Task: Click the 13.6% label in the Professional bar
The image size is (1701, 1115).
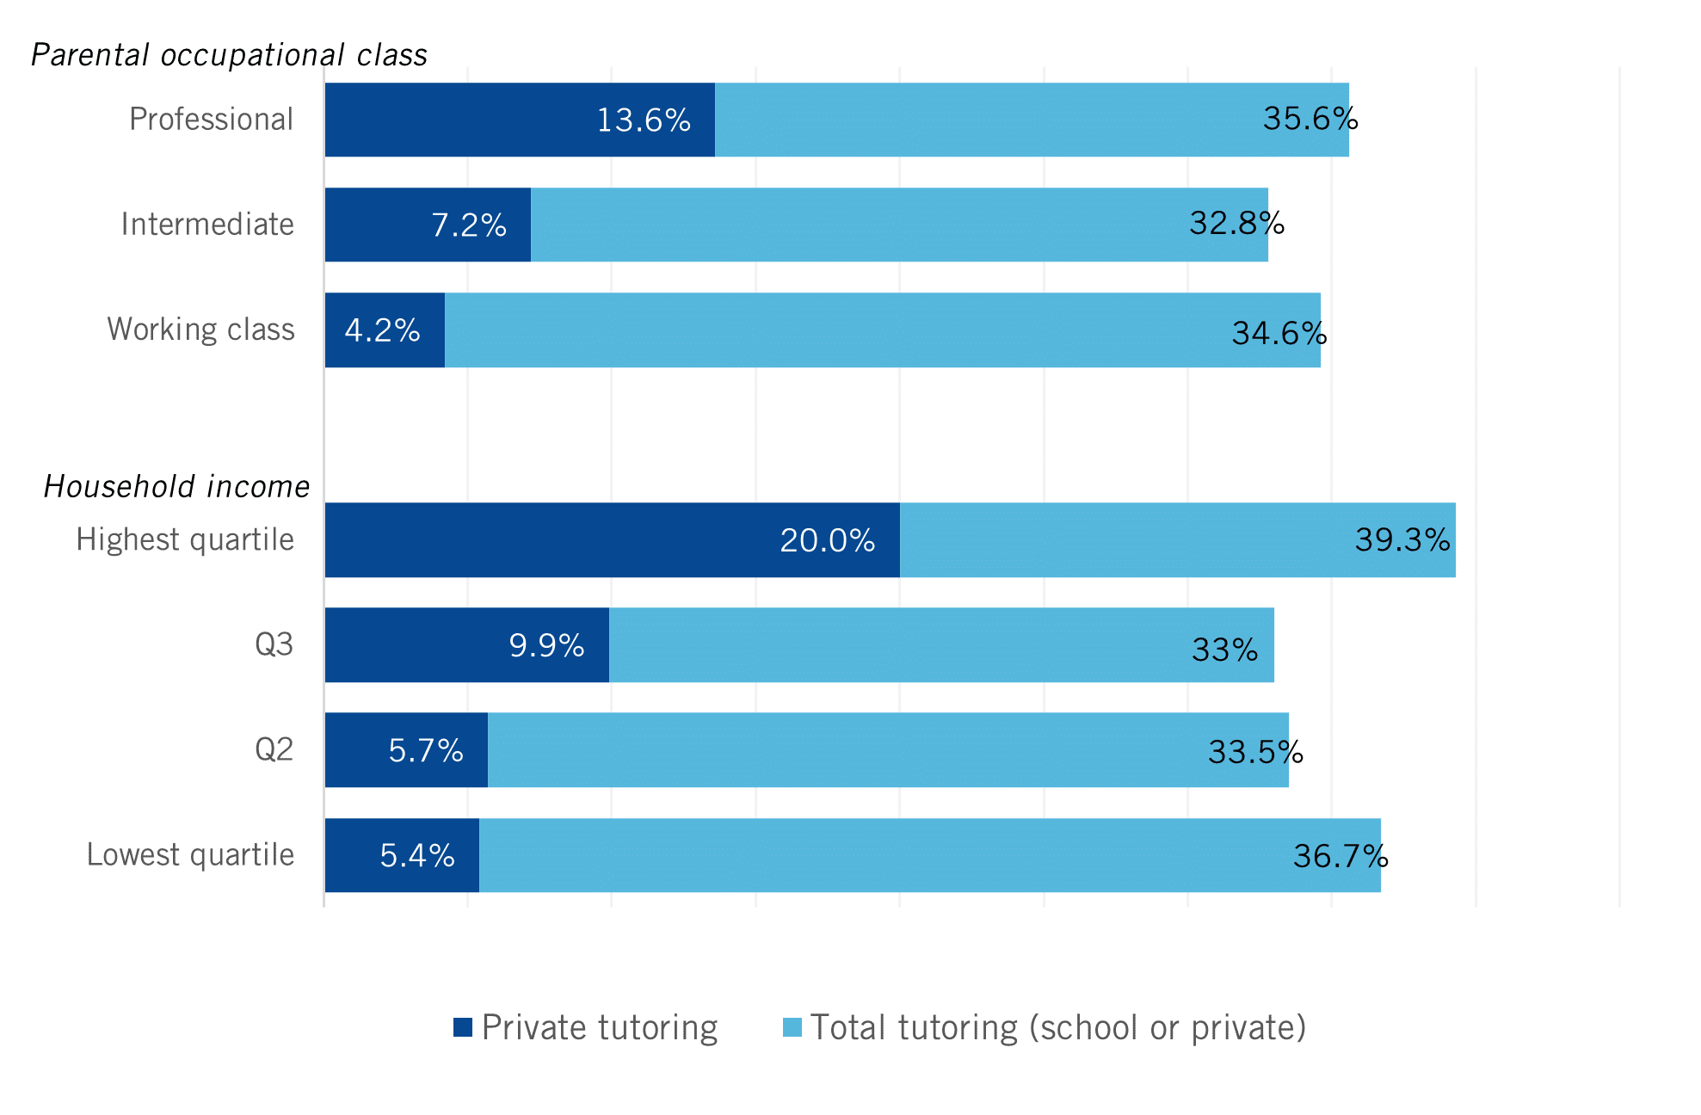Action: tap(644, 120)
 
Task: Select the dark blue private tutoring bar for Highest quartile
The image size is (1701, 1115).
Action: tap(551, 539)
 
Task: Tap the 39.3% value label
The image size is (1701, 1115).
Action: tap(1402, 539)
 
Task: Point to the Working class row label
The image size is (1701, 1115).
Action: tap(200, 330)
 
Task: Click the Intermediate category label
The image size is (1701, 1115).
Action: tap(207, 225)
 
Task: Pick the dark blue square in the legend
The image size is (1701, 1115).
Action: tap(463, 1027)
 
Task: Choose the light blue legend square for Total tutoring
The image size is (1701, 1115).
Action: tap(792, 1027)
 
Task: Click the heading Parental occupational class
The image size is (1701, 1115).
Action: tap(229, 55)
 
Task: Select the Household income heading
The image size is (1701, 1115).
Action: tap(176, 487)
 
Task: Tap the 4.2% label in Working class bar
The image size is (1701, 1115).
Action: tap(382, 330)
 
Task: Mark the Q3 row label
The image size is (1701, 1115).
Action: tap(274, 644)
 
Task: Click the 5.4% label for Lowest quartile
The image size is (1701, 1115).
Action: tap(417, 855)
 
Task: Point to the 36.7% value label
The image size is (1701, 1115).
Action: tap(1340, 856)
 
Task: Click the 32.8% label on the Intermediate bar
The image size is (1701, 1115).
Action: tap(1236, 224)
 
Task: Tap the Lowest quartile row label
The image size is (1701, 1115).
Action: tap(190, 855)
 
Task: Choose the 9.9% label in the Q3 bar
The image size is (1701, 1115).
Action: tap(546, 645)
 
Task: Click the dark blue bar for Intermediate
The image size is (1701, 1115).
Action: tap(379, 225)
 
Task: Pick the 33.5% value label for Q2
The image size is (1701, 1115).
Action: tap(1254, 752)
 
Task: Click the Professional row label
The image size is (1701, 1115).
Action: tap(211, 120)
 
